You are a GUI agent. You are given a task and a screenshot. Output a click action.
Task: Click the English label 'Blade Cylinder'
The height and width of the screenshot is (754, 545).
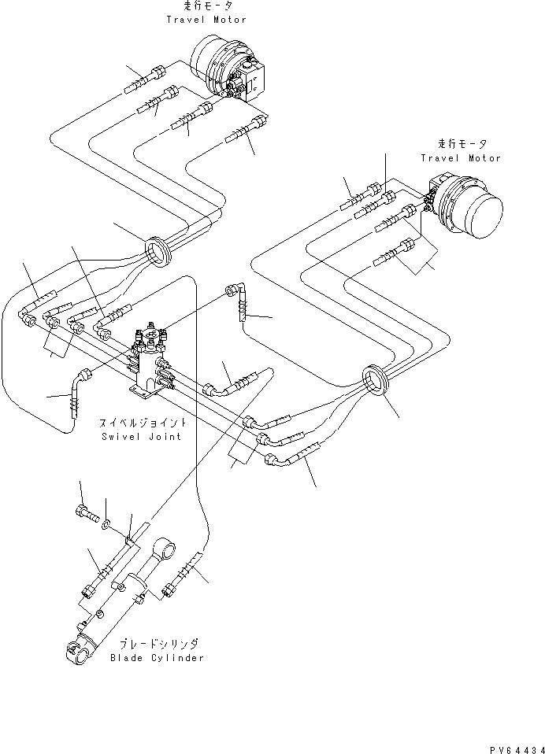157,657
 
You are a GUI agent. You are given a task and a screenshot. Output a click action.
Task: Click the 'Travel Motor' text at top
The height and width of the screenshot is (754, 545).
206,19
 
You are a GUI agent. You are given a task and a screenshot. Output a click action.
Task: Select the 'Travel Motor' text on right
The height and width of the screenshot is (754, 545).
460,157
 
